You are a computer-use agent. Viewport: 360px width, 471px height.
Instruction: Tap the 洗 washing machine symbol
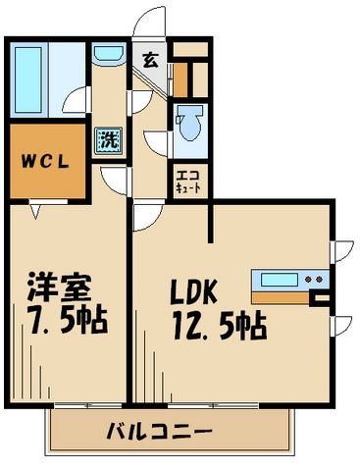107,140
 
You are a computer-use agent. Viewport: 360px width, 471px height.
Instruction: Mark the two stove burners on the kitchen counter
315,279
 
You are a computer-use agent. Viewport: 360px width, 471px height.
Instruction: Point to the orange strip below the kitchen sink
280,294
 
